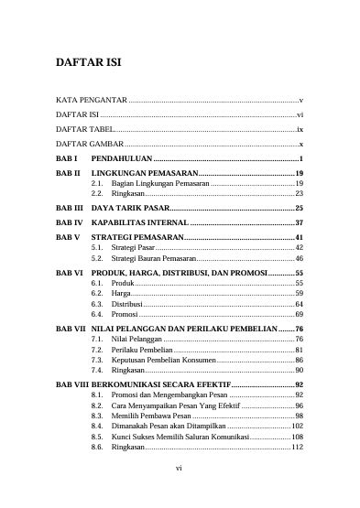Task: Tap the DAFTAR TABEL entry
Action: tap(85, 130)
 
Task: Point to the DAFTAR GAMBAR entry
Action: tap(90, 145)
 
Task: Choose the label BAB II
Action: tap(69, 173)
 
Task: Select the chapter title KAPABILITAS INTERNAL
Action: tap(140, 222)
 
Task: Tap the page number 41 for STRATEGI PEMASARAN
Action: tap(299, 237)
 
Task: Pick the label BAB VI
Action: tap(70, 274)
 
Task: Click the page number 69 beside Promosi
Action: tap(299, 314)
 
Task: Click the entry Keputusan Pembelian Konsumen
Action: tap(163, 361)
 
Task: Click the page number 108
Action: tap(297, 438)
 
